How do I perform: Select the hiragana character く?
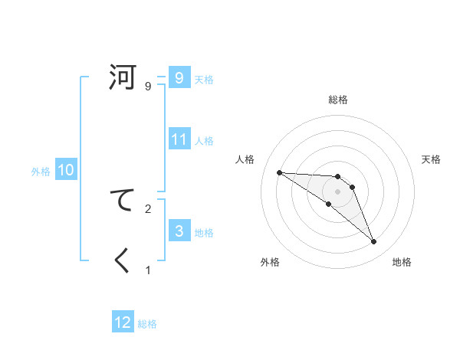(x=123, y=261)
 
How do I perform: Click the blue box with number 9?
(x=179, y=77)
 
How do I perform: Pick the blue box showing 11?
(x=179, y=139)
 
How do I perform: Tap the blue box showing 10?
(x=65, y=170)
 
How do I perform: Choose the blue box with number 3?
(x=179, y=231)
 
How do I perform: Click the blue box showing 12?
(x=123, y=322)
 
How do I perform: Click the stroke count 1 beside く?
(x=148, y=270)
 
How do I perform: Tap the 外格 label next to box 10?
(x=41, y=172)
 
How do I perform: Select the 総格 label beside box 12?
(x=147, y=324)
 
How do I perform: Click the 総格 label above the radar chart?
(x=337, y=100)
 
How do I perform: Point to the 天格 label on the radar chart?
(x=432, y=159)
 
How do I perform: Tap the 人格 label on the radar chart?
(x=245, y=159)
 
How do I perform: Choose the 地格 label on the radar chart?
(x=402, y=262)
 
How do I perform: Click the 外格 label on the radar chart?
(x=270, y=262)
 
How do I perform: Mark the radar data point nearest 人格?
(x=279, y=172)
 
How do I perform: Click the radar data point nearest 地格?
(x=373, y=242)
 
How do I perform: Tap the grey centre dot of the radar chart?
(x=337, y=191)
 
